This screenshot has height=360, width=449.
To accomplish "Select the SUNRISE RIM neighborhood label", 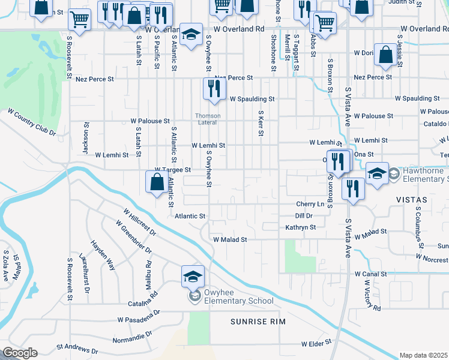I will [258, 322].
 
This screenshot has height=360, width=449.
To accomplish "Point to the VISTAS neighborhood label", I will [411, 199].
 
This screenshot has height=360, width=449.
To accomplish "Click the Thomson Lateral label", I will [207, 119].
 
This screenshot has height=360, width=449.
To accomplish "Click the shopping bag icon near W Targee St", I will [156, 182].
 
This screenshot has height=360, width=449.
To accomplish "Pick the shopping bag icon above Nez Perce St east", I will [384, 55].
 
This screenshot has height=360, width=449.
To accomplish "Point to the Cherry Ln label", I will [310, 204].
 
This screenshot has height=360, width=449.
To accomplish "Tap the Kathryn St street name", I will [300, 227].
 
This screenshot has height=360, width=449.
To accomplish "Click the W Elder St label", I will [316, 344].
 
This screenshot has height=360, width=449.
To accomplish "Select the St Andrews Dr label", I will [77, 348].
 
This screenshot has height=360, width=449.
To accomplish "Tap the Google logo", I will [19, 353].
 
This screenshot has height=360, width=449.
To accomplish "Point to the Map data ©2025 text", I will [423, 355].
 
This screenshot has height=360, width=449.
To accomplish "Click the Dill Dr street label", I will [304, 215].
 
